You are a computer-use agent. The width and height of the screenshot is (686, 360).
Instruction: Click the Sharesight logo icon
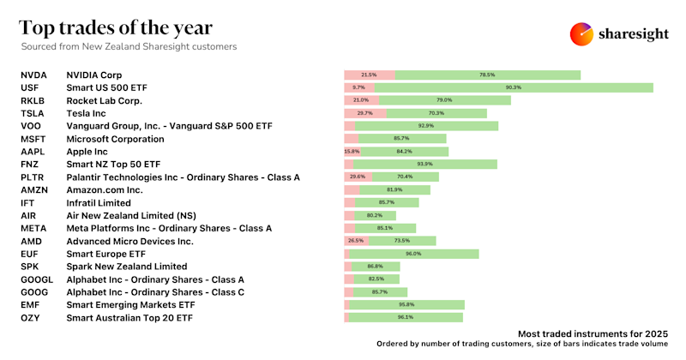(581, 33)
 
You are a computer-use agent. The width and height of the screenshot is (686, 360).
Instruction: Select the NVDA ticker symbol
(33, 75)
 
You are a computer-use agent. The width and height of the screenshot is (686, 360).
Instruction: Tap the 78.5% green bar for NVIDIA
(488, 75)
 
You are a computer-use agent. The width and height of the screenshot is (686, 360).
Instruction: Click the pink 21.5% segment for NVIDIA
(370, 75)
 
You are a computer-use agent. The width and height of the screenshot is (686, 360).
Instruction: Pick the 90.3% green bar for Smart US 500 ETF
(514, 87)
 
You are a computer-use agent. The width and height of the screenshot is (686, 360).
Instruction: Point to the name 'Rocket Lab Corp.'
(104, 100)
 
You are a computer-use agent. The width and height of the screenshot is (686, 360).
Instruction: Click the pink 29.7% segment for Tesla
(365, 113)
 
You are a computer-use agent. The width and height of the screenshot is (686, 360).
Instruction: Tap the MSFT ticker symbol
(33, 139)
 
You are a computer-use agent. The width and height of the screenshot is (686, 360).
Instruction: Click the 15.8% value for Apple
(352, 152)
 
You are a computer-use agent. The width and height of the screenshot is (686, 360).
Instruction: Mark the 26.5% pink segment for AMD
(356, 242)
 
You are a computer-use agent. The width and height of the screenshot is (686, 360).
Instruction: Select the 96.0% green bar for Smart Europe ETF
(414, 254)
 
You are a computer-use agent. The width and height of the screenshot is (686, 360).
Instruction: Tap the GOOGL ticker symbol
(36, 279)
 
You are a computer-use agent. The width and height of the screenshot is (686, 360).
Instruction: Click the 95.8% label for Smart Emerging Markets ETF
(406, 304)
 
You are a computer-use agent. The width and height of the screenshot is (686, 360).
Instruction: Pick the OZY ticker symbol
(30, 317)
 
